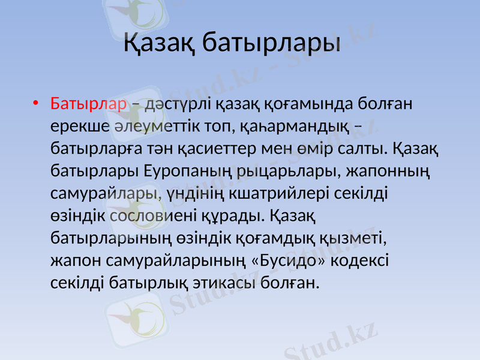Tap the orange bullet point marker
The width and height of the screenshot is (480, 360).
(37, 104)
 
